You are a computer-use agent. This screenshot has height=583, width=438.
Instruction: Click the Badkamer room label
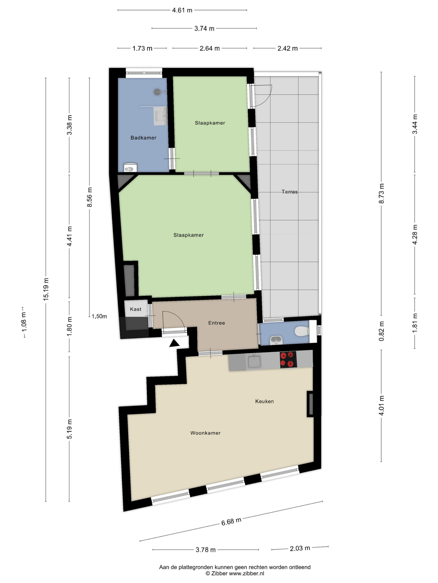click(143, 138)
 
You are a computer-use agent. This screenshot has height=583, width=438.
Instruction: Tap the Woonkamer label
click(205, 433)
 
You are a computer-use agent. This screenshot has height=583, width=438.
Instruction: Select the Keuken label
click(264, 401)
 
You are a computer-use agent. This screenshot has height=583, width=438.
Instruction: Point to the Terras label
click(290, 192)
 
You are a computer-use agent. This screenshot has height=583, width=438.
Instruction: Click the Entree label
click(216, 323)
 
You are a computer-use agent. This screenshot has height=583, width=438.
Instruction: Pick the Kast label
click(136, 309)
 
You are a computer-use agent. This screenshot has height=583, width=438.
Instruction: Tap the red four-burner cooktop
click(288, 360)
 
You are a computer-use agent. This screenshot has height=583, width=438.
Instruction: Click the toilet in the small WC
click(302, 331)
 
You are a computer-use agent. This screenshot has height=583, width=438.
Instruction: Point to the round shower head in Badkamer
click(157, 92)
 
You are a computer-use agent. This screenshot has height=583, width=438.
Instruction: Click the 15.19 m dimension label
click(46, 289)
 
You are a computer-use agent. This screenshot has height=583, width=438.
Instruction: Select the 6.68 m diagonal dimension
click(231, 521)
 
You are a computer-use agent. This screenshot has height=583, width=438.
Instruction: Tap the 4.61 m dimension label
click(182, 10)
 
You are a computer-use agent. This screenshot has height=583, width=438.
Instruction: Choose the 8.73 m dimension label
click(381, 193)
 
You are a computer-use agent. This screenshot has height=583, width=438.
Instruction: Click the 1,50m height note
click(99, 316)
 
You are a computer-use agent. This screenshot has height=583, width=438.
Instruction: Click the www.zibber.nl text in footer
click(246, 573)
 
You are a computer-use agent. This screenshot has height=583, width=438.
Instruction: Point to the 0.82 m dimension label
click(381, 331)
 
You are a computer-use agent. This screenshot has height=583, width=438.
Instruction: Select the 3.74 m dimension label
click(204, 28)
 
